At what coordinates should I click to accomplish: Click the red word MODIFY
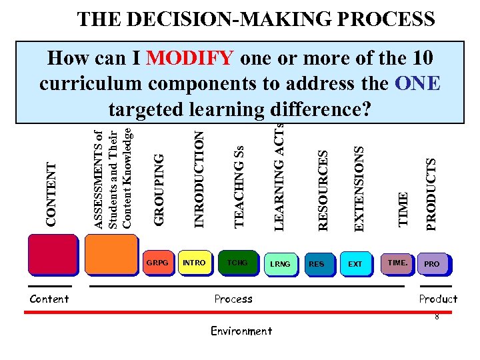pyautogui.click(x=189, y=59)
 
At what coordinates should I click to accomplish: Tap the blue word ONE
pyautogui.click(x=418, y=83)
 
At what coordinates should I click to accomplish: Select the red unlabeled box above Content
pyautogui.click(x=52, y=257)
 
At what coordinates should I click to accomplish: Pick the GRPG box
pyautogui.click(x=157, y=262)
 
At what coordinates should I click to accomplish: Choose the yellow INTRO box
pyautogui.click(x=194, y=262)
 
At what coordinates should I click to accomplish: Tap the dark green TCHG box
pyautogui.click(x=237, y=262)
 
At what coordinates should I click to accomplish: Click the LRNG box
pyautogui.click(x=280, y=264)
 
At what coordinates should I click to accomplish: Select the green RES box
pyautogui.click(x=317, y=264)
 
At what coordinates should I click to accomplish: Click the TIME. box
pyautogui.click(x=397, y=263)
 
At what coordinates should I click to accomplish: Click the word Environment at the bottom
pyautogui.click(x=241, y=331)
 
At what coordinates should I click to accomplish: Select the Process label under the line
pyautogui.click(x=233, y=299)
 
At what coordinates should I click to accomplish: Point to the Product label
pyautogui.click(x=438, y=299)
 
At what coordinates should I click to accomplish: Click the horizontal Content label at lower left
pyautogui.click(x=49, y=299)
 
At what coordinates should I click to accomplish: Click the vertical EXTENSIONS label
pyautogui.click(x=359, y=189)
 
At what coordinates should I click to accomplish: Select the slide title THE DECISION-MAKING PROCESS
pyautogui.click(x=256, y=19)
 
